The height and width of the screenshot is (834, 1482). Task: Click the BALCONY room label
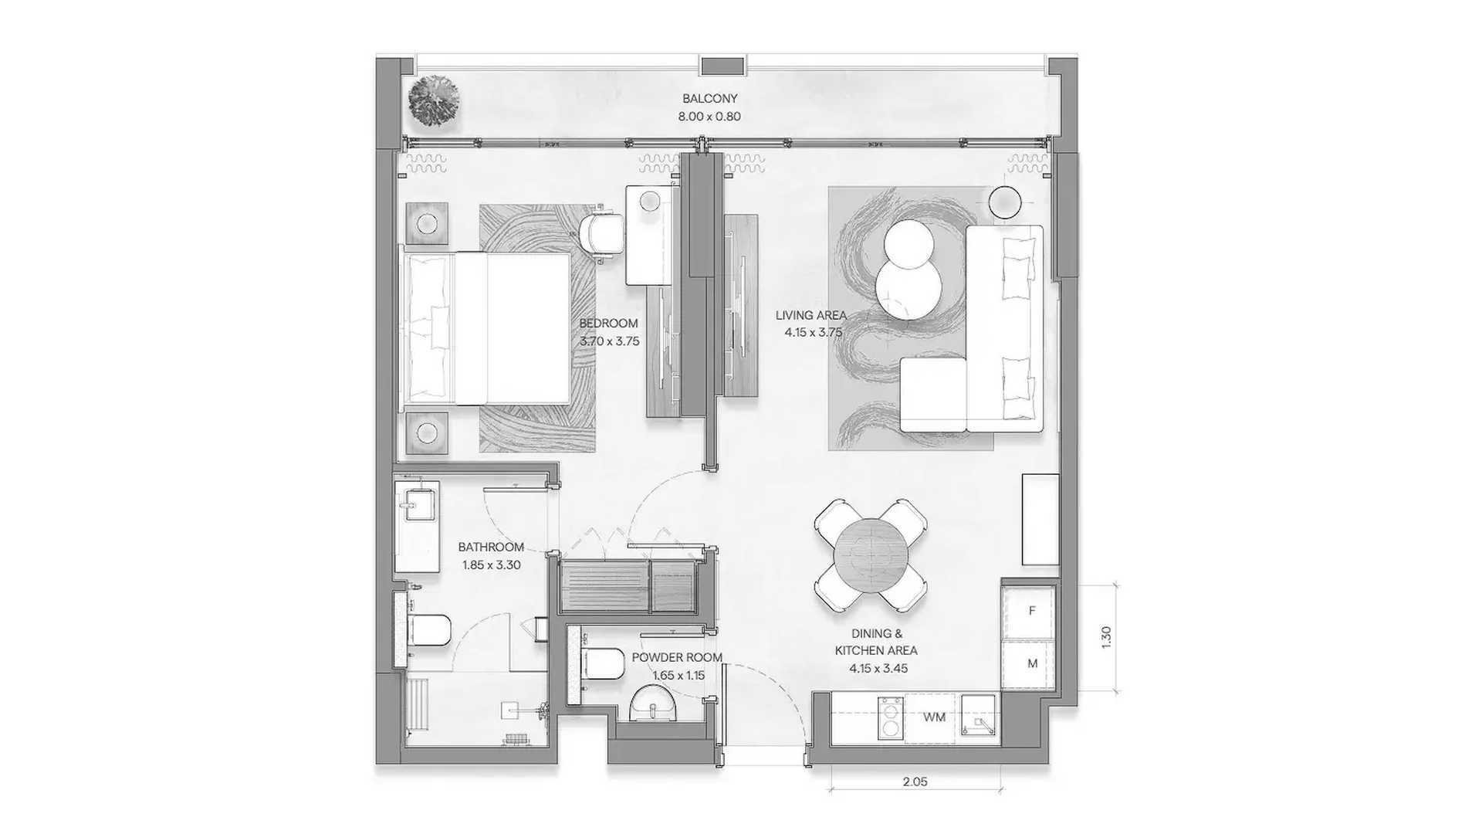pyautogui.click(x=709, y=99)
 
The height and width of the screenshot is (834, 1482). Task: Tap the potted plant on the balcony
pyautogui.click(x=434, y=100)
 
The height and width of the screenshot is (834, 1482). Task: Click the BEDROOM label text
pyautogui.click(x=609, y=324)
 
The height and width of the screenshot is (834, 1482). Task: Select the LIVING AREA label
pyautogui.click(x=810, y=315)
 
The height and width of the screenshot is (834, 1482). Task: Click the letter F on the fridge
pyautogui.click(x=1032, y=611)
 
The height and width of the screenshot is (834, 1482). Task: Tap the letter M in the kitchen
pyautogui.click(x=1032, y=663)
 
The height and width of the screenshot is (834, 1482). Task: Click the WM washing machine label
pyautogui.click(x=934, y=717)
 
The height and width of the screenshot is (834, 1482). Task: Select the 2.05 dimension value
pyautogui.click(x=915, y=781)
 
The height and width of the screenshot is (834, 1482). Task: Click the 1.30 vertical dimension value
pyautogui.click(x=1105, y=637)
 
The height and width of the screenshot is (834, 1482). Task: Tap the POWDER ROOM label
pyautogui.click(x=677, y=658)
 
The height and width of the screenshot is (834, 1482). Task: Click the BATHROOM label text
pyautogui.click(x=491, y=548)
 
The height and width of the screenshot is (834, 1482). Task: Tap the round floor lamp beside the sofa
pyautogui.click(x=1005, y=203)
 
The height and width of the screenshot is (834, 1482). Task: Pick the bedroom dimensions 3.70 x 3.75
pyautogui.click(x=609, y=341)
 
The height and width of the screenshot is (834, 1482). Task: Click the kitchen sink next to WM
pyautogui.click(x=980, y=718)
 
